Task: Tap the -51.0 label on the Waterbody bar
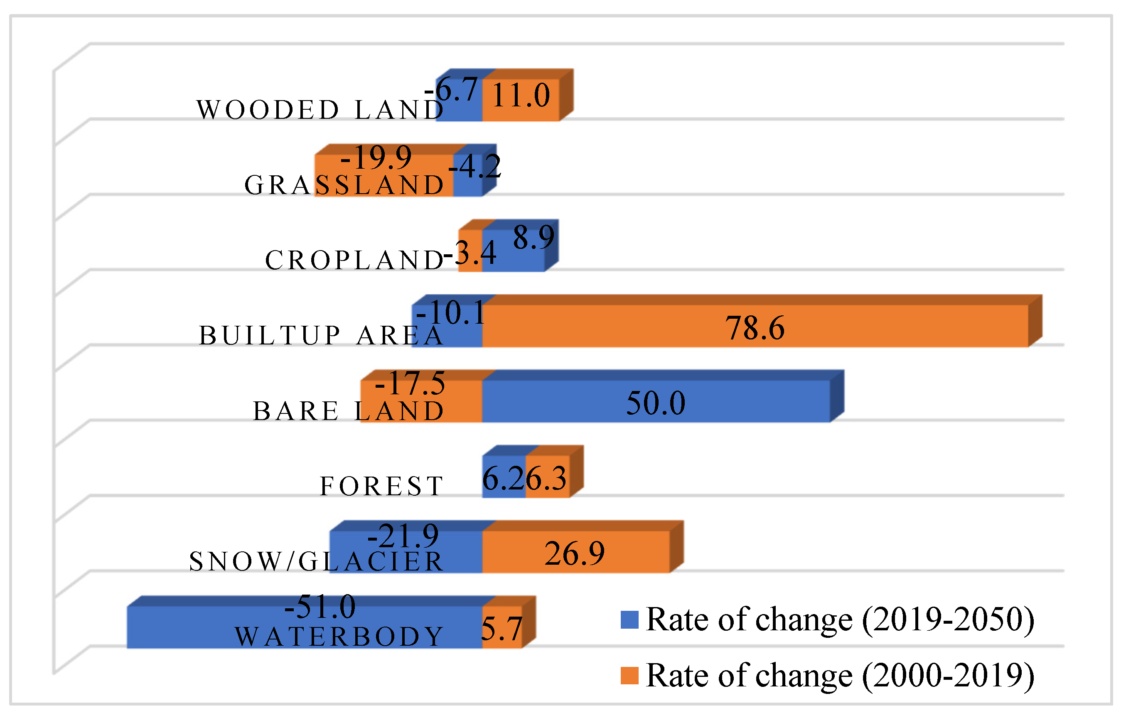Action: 320,607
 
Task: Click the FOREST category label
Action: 381,486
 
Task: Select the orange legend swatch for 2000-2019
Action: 629,676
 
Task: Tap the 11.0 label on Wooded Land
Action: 521,96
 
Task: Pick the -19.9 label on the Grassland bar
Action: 376,157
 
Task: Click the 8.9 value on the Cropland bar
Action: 533,237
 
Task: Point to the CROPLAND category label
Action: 354,260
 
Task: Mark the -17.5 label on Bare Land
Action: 410,384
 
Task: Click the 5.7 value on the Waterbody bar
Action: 501,629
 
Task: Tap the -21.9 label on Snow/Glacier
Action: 403,536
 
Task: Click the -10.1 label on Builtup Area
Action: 451,312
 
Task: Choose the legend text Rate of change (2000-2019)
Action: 840,676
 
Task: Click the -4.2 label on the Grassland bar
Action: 474,166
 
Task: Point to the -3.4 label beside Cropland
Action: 470,253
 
